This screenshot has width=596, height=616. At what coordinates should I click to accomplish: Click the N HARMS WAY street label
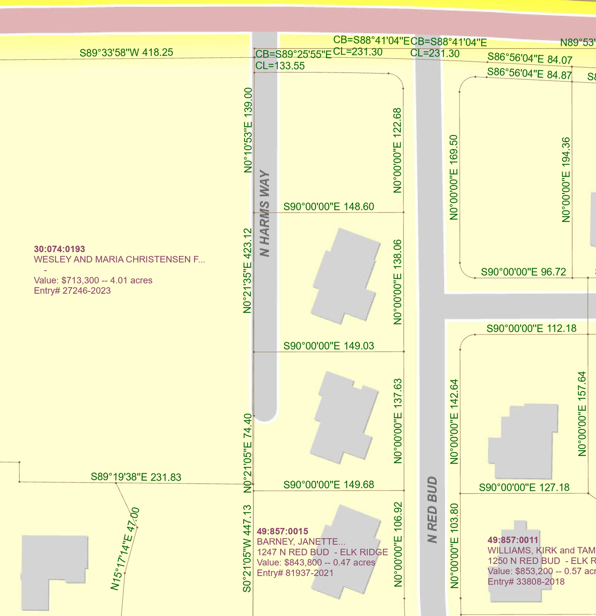(265, 213)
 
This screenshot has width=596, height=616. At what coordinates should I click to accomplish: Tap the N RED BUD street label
(432, 509)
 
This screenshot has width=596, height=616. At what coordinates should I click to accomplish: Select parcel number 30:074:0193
(59, 249)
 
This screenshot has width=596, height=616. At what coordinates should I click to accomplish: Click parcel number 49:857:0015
(283, 531)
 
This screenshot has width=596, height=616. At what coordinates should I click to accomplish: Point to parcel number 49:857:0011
(513, 540)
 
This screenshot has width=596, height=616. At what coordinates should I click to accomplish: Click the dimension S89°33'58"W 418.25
(126, 53)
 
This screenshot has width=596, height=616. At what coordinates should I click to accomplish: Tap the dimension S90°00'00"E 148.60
(329, 207)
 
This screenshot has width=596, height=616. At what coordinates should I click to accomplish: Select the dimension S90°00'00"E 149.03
(329, 346)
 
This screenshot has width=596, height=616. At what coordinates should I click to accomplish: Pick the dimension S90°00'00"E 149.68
(329, 484)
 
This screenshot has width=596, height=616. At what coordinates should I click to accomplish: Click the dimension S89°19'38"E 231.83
(136, 477)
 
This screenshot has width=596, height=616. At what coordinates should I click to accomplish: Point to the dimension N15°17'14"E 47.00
(125, 549)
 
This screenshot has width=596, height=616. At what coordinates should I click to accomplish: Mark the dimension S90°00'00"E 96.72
(523, 272)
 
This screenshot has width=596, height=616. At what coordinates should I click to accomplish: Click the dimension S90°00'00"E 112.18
(531, 328)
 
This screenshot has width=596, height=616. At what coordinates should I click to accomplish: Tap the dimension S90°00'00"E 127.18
(524, 487)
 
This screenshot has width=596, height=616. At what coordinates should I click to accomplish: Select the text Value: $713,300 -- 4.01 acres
(93, 280)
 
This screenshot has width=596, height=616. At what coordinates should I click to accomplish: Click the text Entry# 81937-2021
(295, 573)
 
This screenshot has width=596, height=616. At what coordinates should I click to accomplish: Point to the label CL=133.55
(280, 66)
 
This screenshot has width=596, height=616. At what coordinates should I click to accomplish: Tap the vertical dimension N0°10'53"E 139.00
(248, 130)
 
